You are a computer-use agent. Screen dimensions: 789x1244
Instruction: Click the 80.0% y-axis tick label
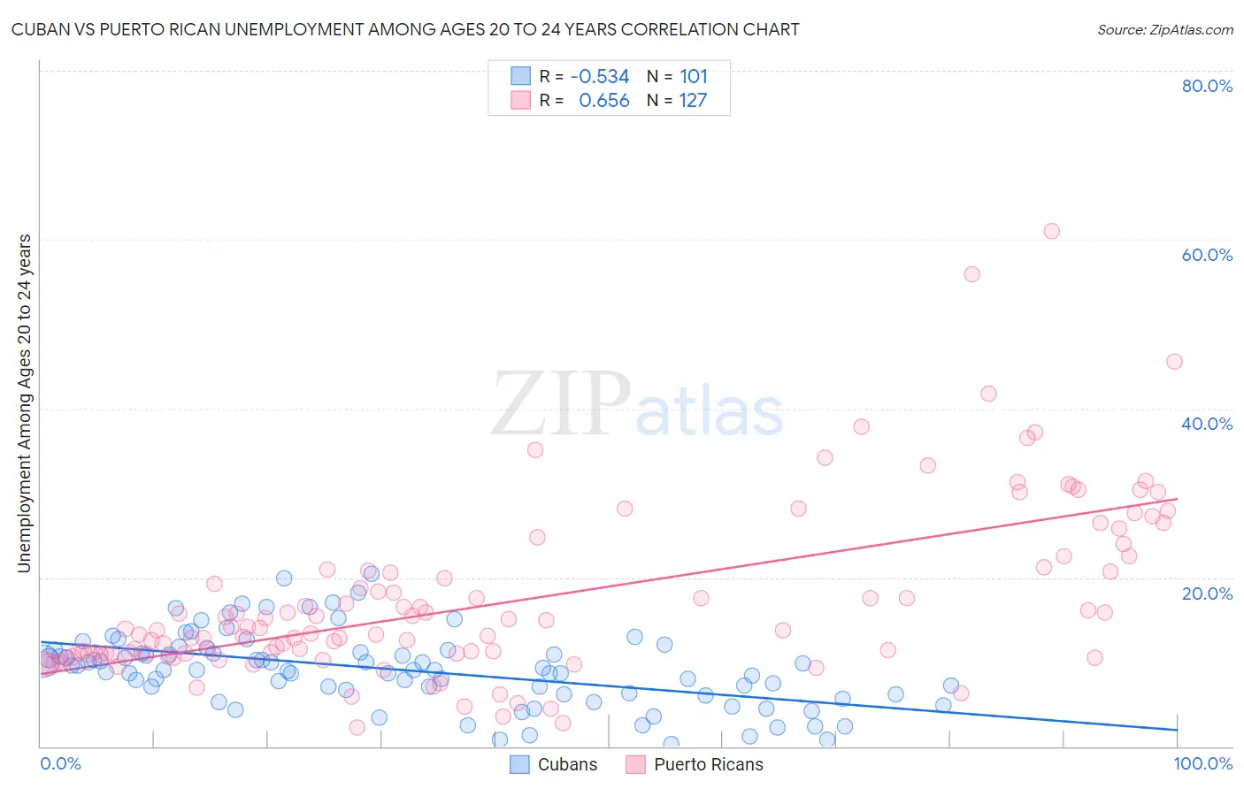(1207, 86)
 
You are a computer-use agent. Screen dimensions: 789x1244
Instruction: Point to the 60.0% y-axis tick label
(1207, 255)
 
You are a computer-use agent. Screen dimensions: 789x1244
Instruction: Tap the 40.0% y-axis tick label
(1207, 424)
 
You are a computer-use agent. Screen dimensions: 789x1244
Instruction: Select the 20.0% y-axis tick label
(1207, 594)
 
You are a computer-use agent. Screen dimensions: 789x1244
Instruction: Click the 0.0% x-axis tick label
(60, 763)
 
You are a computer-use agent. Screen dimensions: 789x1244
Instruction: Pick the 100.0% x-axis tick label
(1203, 763)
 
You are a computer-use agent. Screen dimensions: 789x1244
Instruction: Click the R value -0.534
(599, 77)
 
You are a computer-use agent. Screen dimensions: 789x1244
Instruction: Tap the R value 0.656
(603, 101)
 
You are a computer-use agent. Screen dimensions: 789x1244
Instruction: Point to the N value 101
(694, 77)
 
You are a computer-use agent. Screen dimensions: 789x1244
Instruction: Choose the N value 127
(693, 101)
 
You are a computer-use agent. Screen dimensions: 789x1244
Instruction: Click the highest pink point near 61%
(1051, 231)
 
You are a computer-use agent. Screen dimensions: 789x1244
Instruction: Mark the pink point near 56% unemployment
(971, 274)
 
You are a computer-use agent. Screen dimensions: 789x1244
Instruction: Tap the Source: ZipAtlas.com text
(1164, 30)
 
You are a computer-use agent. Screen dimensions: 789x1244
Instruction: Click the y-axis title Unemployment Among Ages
(25, 402)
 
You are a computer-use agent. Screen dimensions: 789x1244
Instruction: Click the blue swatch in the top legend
(520, 76)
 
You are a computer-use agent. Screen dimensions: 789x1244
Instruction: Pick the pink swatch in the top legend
(520, 100)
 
